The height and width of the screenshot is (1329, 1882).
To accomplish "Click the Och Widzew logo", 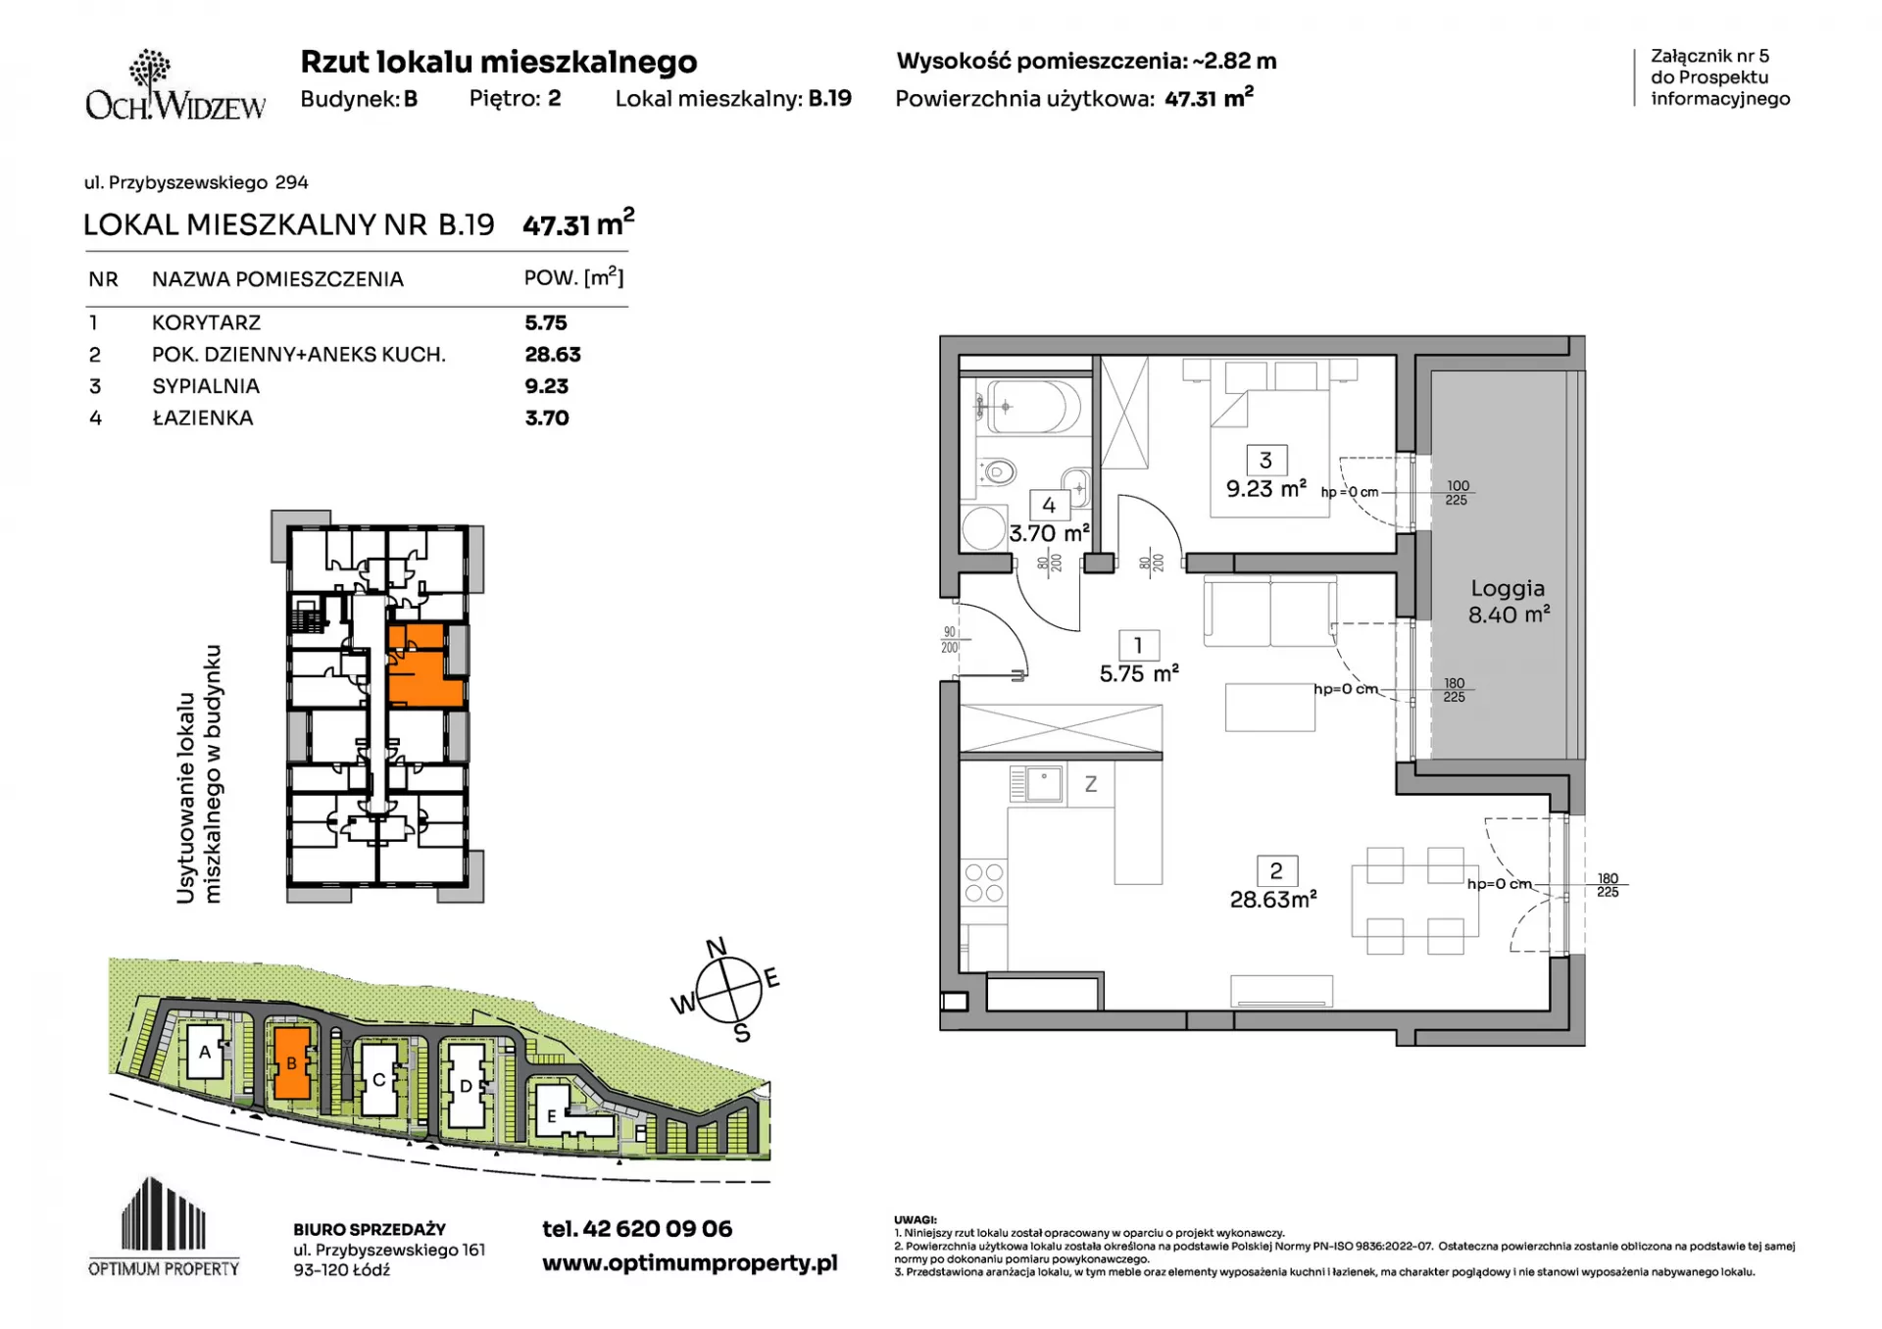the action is point(175,85).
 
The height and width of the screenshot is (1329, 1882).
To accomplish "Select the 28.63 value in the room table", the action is point(553,355).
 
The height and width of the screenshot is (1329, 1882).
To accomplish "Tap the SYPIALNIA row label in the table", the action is point(206,386).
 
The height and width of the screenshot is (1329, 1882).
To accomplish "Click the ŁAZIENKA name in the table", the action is point(203,418).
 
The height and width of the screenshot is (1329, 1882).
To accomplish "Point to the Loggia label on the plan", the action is point(1508,588).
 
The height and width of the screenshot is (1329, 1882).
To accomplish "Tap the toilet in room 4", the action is point(995,473).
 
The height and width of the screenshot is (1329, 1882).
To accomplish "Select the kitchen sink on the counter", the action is point(1036,784).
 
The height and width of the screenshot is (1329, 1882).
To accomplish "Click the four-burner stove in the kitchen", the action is point(983,882).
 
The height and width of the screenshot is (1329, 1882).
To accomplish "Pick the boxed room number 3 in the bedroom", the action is point(1265,461).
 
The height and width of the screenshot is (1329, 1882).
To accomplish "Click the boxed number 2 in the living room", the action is point(1276,870).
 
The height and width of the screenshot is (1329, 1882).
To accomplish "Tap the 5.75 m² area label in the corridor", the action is point(1139,674).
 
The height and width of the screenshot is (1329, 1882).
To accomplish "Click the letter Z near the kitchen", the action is point(1090,784).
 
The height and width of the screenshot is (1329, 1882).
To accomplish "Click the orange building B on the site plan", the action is point(292,1062).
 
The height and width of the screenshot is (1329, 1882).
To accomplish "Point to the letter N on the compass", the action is point(717,947).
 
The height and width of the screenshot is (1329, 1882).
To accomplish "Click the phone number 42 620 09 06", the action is point(658,1229).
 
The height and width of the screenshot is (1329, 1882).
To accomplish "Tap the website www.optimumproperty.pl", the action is point(690,1263).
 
